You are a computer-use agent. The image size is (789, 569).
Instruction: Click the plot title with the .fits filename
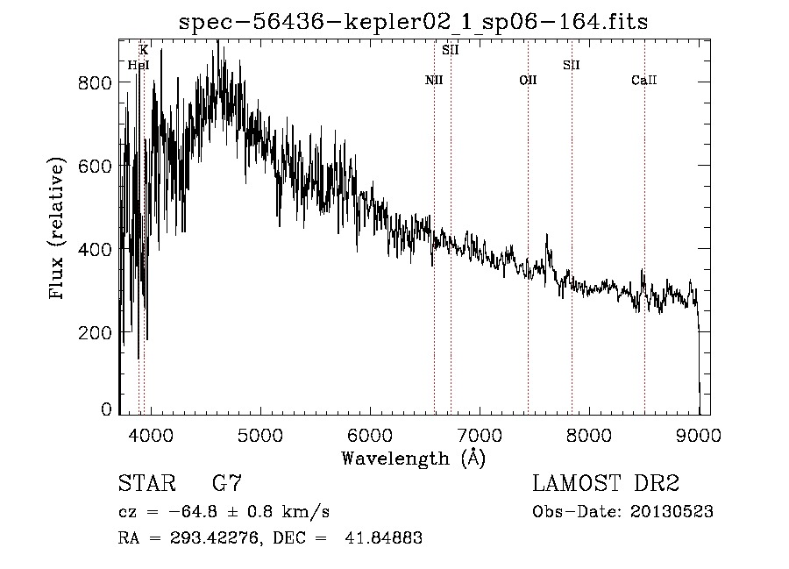pyautogui.click(x=413, y=22)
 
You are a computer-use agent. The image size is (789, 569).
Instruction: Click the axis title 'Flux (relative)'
pyautogui.click(x=59, y=230)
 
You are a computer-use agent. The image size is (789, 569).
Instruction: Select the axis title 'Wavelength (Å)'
pyautogui.click(x=413, y=457)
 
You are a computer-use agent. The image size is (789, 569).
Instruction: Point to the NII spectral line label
pyautogui.click(x=434, y=81)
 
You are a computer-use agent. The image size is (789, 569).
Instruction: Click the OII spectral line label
pyautogui.click(x=528, y=81)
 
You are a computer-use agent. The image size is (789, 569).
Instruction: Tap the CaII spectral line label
pyautogui.click(x=644, y=81)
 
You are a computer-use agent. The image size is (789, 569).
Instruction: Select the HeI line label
pyautogui.click(x=139, y=65)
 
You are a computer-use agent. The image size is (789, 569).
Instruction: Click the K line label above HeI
pyautogui.click(x=144, y=51)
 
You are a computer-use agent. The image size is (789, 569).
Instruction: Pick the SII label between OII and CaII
pyautogui.click(x=572, y=65)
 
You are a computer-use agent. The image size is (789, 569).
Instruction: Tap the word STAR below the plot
pyautogui.click(x=146, y=484)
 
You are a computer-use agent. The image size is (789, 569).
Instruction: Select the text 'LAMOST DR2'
pyautogui.click(x=606, y=484)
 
